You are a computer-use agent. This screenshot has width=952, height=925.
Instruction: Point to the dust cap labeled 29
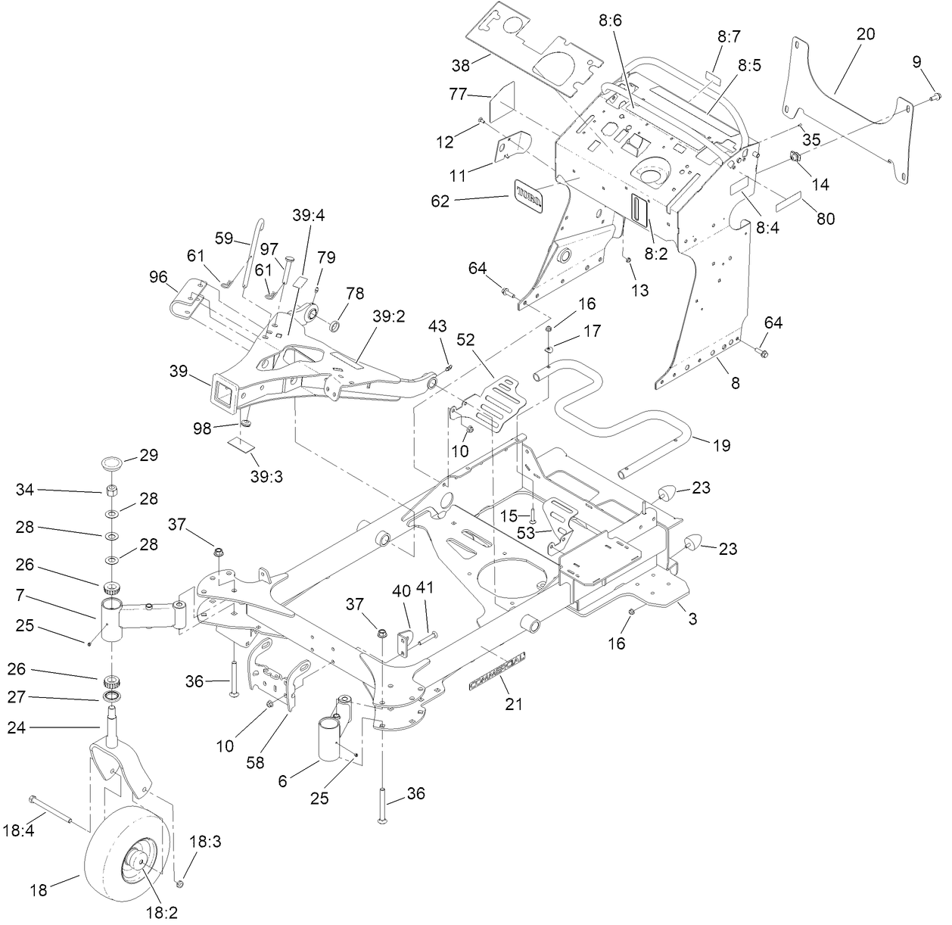click(112, 461)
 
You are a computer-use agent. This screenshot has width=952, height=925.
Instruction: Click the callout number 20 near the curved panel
click(865, 34)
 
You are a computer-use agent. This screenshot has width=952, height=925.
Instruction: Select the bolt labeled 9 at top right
click(934, 95)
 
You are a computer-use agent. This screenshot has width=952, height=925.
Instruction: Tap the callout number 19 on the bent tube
click(721, 445)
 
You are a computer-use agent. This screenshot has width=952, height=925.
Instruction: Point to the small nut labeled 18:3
click(180, 883)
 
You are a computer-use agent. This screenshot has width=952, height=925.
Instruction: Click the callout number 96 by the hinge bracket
click(158, 277)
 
